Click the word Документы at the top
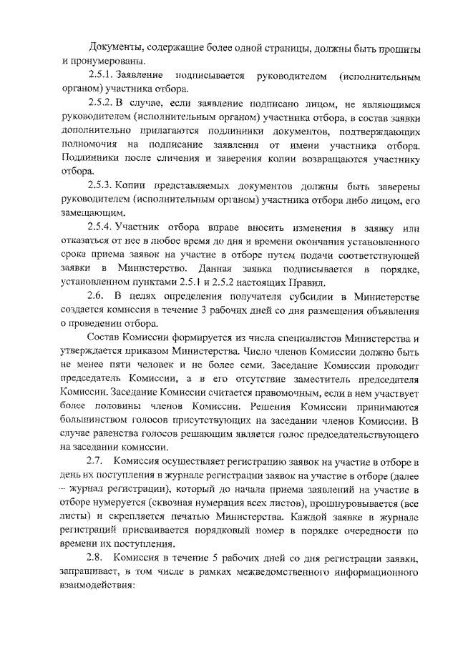113,48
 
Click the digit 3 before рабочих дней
216,310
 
